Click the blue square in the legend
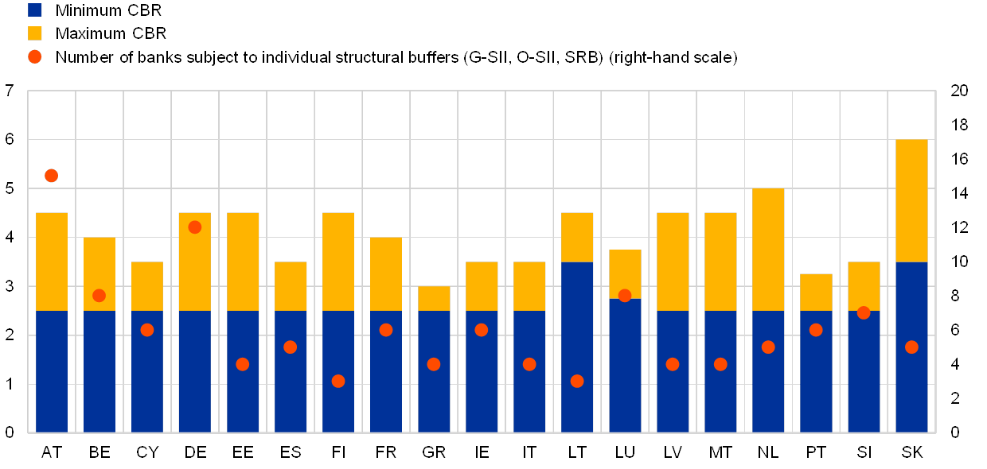click(35, 10)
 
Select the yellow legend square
click(35, 33)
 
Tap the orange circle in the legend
click(35, 57)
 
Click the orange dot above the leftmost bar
click(52, 176)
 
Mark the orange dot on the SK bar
click(911, 347)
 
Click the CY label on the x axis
click(147, 453)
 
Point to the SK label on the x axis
click(912, 453)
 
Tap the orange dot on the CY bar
click(147, 330)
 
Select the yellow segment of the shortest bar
click(434, 298)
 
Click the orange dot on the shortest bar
click(434, 364)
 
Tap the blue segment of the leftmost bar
click(52, 374)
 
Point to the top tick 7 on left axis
click(10, 91)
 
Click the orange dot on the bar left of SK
click(864, 312)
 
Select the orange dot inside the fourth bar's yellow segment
click(195, 227)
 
